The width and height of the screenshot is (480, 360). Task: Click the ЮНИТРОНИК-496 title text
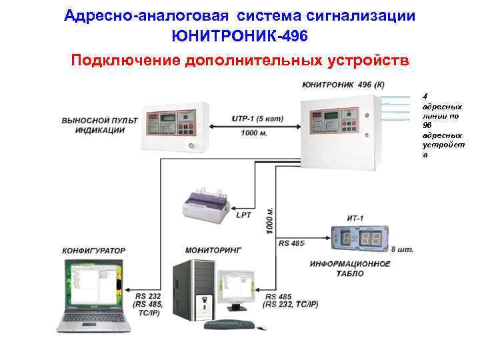(239, 34)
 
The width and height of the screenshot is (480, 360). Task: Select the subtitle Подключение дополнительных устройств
(239, 61)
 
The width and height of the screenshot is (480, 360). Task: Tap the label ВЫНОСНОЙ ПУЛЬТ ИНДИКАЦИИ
(99, 125)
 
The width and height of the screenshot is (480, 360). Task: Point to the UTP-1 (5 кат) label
(257, 119)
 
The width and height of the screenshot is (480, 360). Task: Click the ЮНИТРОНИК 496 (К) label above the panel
(343, 85)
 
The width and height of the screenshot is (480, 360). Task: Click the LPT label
(243, 215)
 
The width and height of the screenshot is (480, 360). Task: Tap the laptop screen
(91, 285)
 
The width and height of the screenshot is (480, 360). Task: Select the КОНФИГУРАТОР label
(94, 251)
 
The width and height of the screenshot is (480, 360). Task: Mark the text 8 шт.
(402, 249)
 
